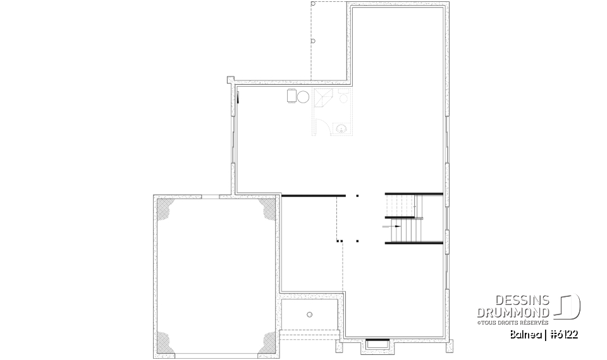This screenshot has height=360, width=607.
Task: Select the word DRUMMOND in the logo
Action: click(517, 312)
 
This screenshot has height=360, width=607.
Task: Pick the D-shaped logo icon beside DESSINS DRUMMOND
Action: click(569, 306)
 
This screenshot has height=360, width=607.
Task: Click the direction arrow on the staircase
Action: click(393, 226)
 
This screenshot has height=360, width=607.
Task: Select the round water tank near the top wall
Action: click(303, 97)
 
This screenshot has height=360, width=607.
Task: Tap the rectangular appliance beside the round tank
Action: click(291, 96)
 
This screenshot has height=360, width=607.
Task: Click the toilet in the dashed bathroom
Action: click(343, 97)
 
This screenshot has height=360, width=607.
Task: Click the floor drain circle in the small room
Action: click(309, 314)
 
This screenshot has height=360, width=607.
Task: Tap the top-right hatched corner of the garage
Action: click(266, 209)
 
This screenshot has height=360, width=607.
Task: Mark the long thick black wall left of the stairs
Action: click(313, 196)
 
